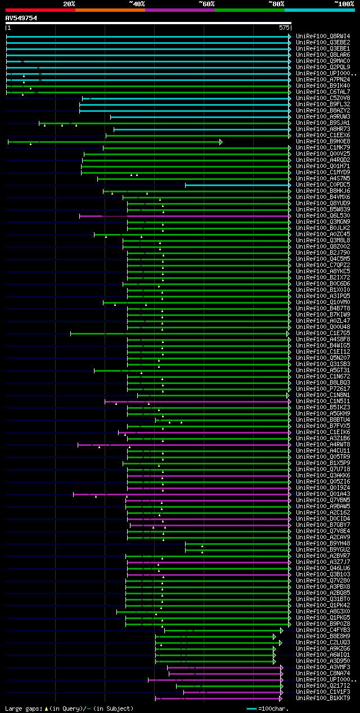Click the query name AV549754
pyautogui.click(x=21, y=18)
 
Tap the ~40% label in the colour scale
pyautogui.click(x=137, y=3)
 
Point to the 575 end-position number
pyautogui.click(x=284, y=27)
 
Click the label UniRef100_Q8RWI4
pyautogui.click(x=323, y=37)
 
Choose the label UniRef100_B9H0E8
pyautogui.click(x=323, y=142)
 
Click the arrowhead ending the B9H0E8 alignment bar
pyautogui.click(x=221, y=142)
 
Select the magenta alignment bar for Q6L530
pyautogui.click(x=186, y=216)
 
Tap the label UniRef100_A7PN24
pyautogui.click(x=323, y=80)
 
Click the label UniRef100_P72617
pyautogui.click(x=323, y=389)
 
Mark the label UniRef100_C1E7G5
pyautogui.click(x=323, y=333)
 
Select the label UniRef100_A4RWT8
pyautogui.click(x=323, y=445)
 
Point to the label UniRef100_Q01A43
pyautogui.click(x=323, y=494)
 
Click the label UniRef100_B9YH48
pyautogui.click(x=323, y=544)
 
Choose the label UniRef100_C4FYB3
pyautogui.click(x=323, y=630)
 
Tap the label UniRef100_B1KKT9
pyautogui.click(x=323, y=698)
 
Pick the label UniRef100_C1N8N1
pyautogui.click(x=323, y=395)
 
